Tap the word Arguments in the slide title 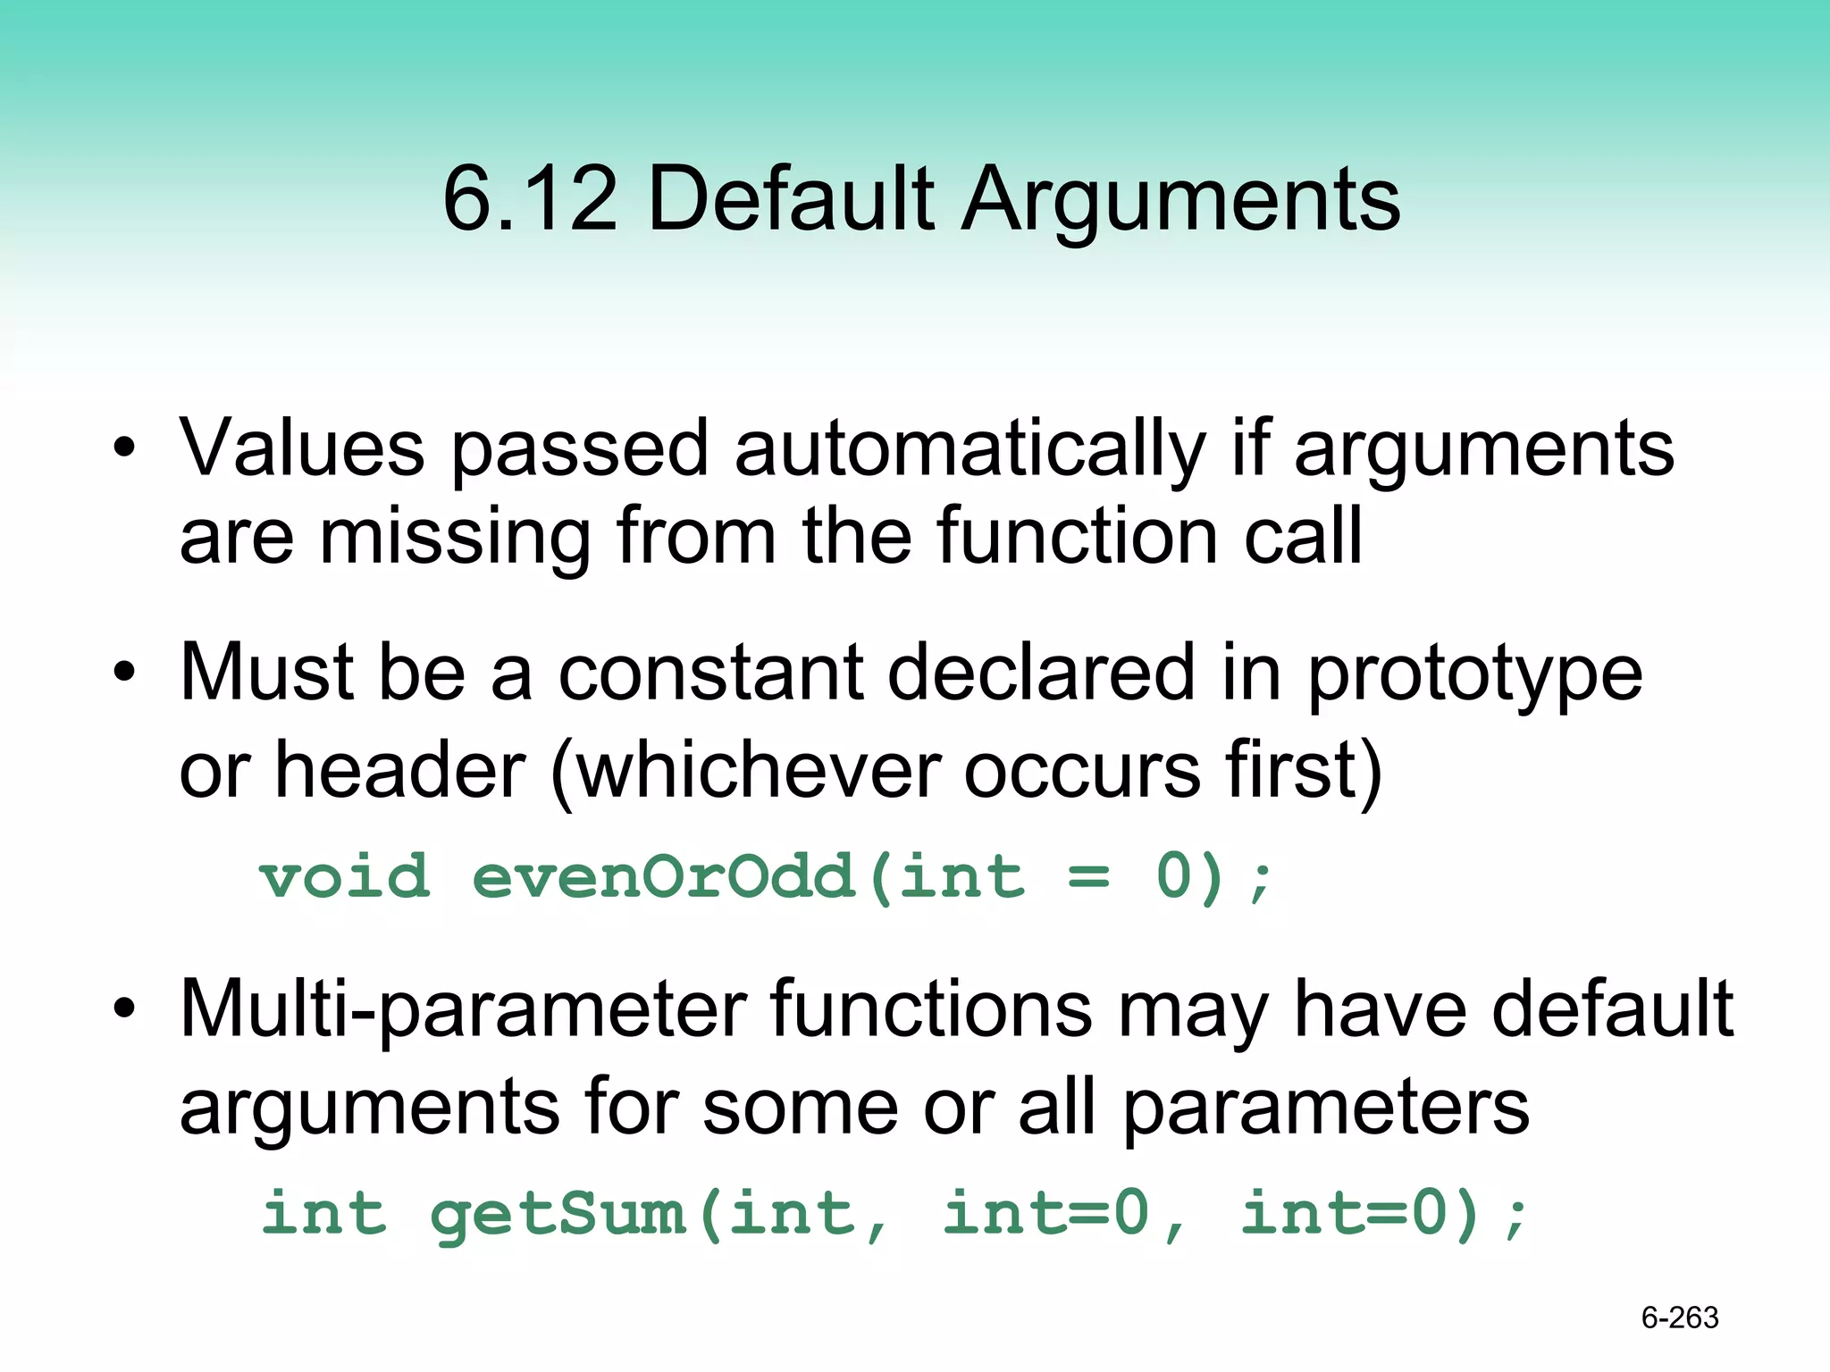[1180, 201]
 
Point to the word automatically [970, 449]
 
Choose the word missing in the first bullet [455, 539]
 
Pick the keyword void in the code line [345, 876]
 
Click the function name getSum [558, 1215]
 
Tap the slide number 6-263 [1679, 1318]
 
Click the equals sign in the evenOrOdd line [1088, 878]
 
